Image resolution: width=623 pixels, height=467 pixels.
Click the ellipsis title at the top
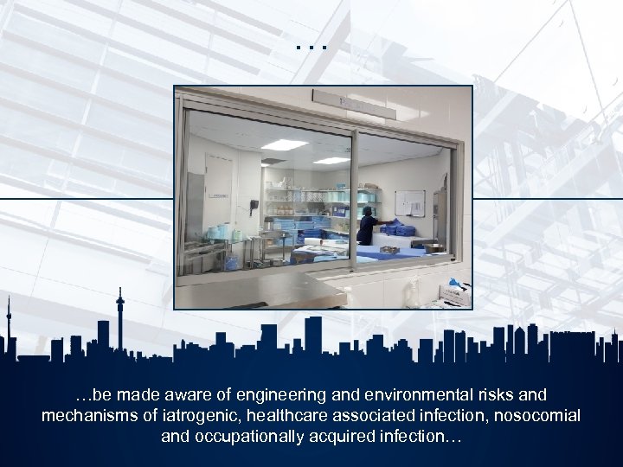(x=311, y=44)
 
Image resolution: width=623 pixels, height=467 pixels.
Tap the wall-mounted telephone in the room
(x=254, y=208)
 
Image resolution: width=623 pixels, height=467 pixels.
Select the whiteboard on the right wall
(x=409, y=203)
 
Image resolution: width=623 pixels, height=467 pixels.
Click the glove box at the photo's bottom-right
(x=453, y=294)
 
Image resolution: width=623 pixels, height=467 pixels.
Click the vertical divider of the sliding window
(x=353, y=199)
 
